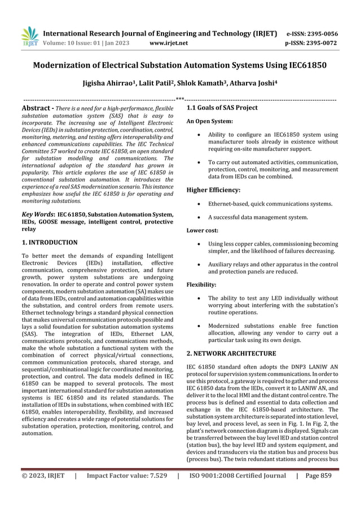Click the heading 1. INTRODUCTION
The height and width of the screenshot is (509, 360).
[50, 243]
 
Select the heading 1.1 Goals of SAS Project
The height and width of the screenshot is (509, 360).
[222, 108]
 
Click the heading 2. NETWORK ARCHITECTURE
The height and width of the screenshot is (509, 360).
[231, 353]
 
